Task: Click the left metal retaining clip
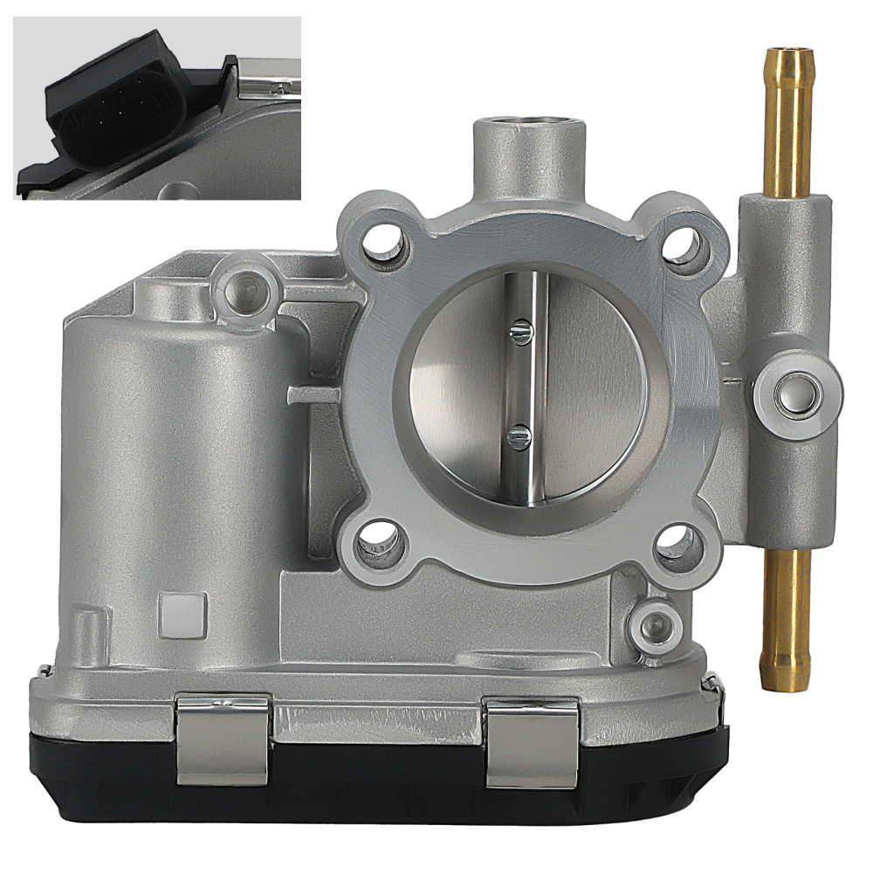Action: (222, 738)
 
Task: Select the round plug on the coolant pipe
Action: (797, 395)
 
